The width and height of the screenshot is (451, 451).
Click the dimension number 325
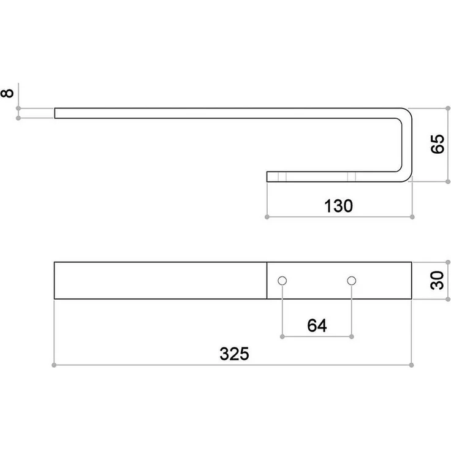[x=234, y=354]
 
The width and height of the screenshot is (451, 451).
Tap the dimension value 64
[x=317, y=325]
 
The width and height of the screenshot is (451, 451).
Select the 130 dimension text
[x=338, y=206]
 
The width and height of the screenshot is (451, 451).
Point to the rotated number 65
[x=438, y=144]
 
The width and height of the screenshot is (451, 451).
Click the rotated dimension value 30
[x=437, y=280]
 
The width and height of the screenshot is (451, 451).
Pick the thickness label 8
[x=7, y=93]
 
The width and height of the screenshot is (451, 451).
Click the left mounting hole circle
[x=282, y=281]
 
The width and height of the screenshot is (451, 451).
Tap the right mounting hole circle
[x=352, y=281]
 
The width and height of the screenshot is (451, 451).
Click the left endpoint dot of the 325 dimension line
[x=54, y=365]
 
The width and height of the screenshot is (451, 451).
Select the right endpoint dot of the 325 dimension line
[x=411, y=365]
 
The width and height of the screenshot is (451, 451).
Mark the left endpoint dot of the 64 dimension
[x=282, y=336]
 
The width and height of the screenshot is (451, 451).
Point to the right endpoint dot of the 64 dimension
[x=352, y=336]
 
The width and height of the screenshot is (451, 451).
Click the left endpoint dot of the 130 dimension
[x=267, y=217]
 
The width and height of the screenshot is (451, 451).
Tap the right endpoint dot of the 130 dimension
[x=412, y=217]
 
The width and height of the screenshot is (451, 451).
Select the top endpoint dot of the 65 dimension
[x=447, y=108]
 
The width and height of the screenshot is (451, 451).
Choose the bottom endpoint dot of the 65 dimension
[x=447, y=181]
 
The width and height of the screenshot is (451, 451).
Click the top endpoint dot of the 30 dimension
[x=447, y=262]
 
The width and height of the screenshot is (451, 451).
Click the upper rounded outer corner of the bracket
[x=409, y=112]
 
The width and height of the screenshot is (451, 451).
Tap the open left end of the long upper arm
[x=55, y=113]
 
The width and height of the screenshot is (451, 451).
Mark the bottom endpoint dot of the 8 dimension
[x=18, y=118]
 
